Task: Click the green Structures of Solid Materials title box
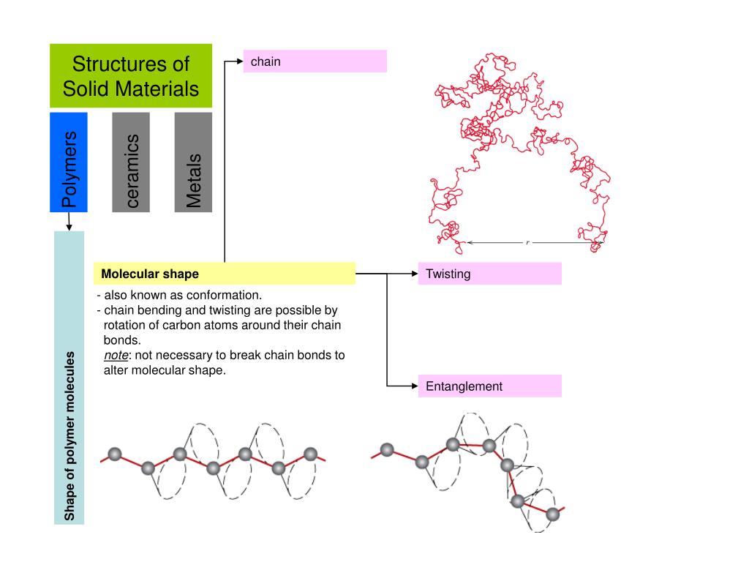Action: click(131, 76)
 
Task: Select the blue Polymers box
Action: click(69, 162)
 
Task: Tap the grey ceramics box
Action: click(131, 162)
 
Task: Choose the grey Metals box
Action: click(193, 162)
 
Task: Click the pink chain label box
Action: click(315, 61)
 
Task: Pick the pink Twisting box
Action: click(489, 274)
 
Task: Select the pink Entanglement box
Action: click(489, 386)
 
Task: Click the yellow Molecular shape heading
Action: click(224, 274)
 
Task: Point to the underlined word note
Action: click(116, 356)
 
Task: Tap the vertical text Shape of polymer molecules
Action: click(69, 436)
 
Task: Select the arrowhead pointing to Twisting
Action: click(413, 274)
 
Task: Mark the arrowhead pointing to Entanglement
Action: click(413, 386)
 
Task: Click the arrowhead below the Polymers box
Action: click(69, 227)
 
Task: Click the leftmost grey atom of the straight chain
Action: click(114, 454)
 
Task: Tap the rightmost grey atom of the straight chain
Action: click(310, 454)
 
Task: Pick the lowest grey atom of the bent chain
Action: click(553, 514)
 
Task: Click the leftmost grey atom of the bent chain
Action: click(387, 449)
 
